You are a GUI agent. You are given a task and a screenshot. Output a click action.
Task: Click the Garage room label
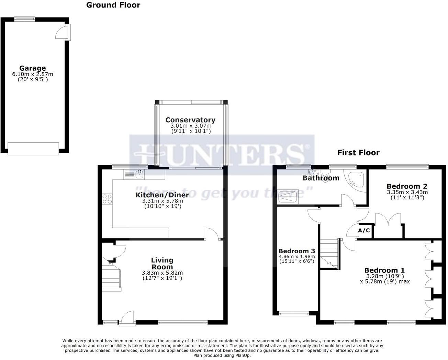(x=32, y=68)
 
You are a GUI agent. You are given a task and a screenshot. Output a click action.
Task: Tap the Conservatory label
(x=190, y=120)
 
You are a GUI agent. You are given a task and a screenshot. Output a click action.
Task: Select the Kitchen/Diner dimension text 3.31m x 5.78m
(x=162, y=201)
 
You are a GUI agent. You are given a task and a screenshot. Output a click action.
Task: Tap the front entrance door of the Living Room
(x=127, y=318)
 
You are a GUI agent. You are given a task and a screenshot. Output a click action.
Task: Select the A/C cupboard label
(x=364, y=231)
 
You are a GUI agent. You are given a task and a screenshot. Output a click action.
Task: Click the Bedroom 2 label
(x=407, y=186)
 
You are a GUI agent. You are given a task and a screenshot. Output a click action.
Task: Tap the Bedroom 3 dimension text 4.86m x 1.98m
(x=297, y=256)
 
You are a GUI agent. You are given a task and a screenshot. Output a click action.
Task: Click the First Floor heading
(x=358, y=153)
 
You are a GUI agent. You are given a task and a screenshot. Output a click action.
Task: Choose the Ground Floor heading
(x=113, y=5)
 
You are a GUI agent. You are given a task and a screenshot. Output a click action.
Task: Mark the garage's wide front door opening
(x=33, y=148)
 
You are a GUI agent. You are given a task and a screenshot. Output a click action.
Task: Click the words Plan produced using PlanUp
(x=222, y=356)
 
